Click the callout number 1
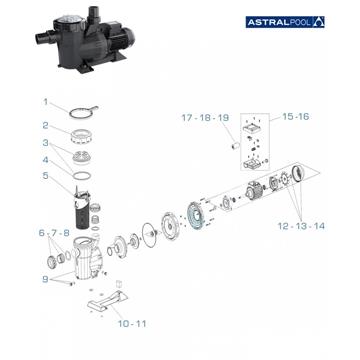pos(44,101)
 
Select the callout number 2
pos(44,125)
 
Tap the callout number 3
pos(44,146)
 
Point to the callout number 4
pos(44,160)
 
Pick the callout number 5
pos(44,177)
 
